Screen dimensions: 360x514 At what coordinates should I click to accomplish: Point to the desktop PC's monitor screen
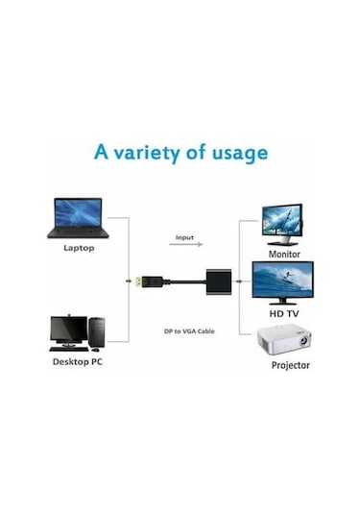click(x=67, y=327)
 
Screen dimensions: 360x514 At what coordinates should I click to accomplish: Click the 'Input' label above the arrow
click(x=184, y=236)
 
